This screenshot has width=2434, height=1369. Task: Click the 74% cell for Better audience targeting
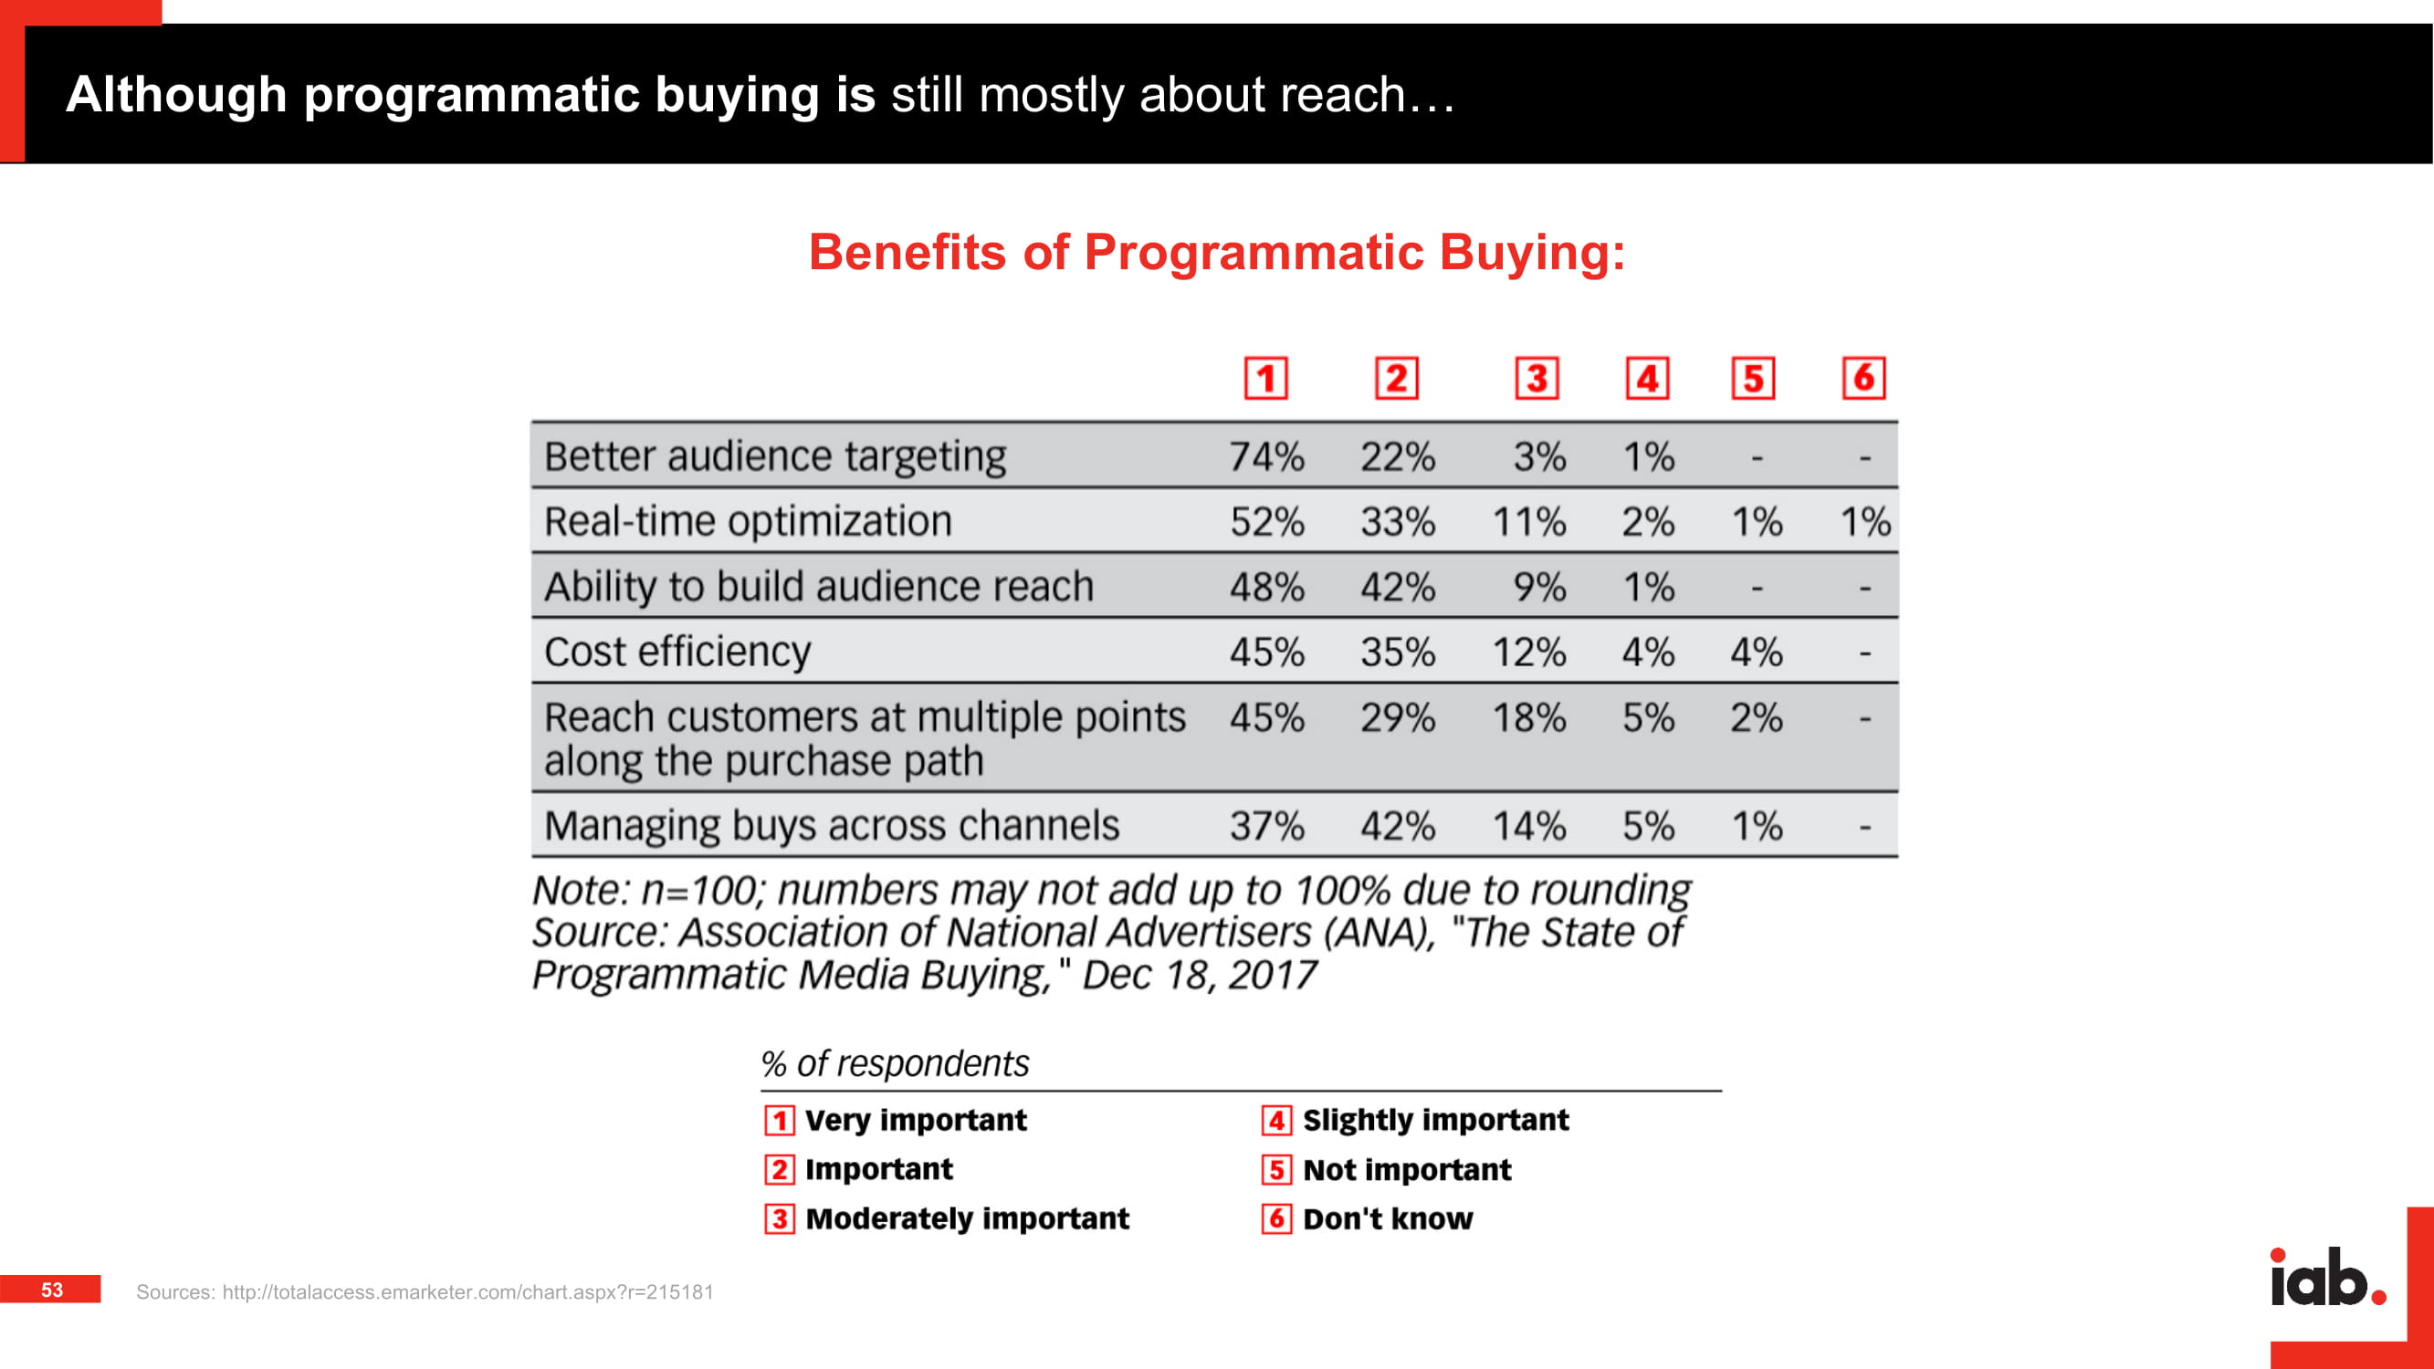pyautogui.click(x=1266, y=457)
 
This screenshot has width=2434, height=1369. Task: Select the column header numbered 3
pyautogui.click(x=1537, y=379)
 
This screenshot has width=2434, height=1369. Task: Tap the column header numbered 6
pyautogui.click(x=1863, y=378)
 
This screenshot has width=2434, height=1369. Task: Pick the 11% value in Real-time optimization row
pyautogui.click(x=1529, y=521)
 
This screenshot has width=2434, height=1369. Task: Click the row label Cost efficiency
pyautogui.click(x=677, y=652)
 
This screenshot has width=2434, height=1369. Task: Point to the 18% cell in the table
pyautogui.click(x=1529, y=718)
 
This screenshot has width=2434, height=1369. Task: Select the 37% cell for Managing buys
pyautogui.click(x=1266, y=827)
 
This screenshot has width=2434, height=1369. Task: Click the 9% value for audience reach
pyautogui.click(x=1539, y=587)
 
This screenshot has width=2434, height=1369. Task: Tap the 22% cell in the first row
pyautogui.click(x=1398, y=457)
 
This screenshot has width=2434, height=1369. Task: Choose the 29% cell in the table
pyautogui.click(x=1398, y=718)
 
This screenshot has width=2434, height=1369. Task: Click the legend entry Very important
pyautogui.click(x=895, y=1121)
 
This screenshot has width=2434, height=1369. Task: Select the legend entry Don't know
pyautogui.click(x=1368, y=1218)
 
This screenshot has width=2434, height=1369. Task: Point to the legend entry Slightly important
pyautogui.click(x=1415, y=1121)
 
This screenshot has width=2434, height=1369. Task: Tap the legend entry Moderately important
pyautogui.click(x=947, y=1218)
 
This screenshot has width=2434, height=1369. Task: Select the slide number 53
pyautogui.click(x=52, y=1290)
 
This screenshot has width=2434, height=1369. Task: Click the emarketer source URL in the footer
pyautogui.click(x=467, y=1292)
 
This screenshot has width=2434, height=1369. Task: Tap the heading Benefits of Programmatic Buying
pyautogui.click(x=1217, y=252)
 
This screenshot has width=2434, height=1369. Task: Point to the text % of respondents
pyautogui.click(x=895, y=1064)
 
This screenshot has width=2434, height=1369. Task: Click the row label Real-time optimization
pyautogui.click(x=748, y=521)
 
